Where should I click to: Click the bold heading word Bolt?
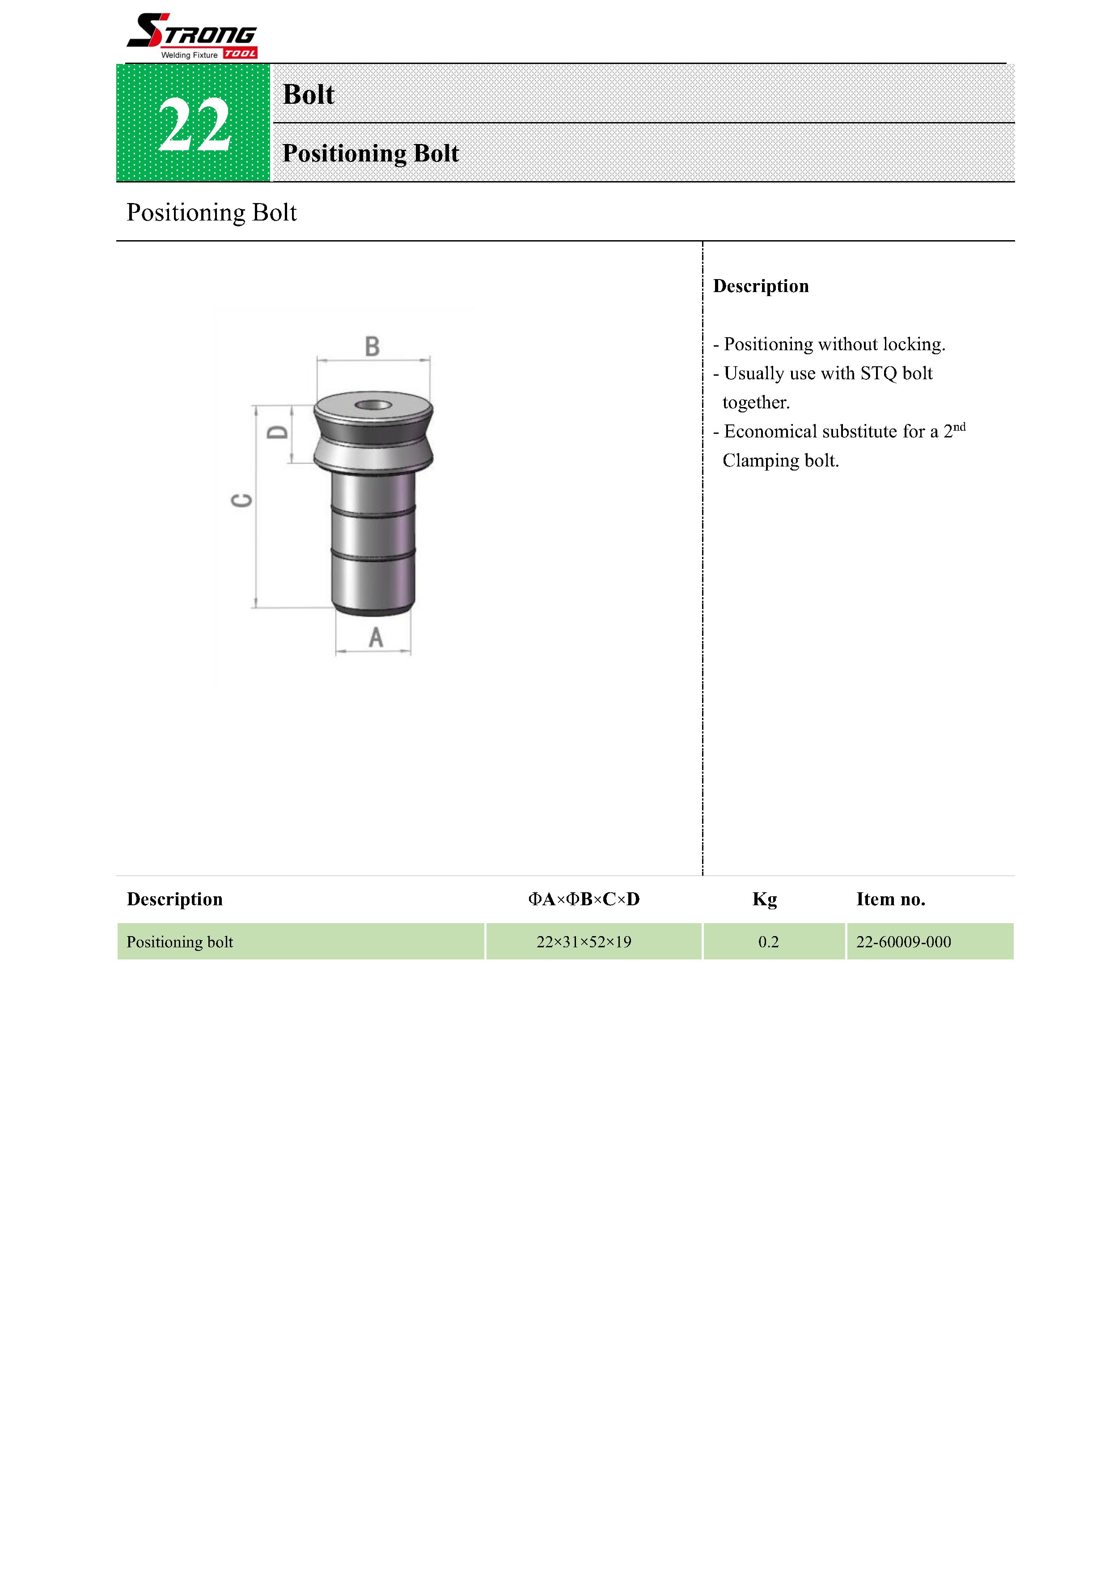[308, 94]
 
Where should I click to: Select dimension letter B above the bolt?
[372, 347]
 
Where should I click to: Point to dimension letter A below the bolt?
[376, 638]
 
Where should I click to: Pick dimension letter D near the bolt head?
[277, 432]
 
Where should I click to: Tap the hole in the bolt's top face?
[373, 405]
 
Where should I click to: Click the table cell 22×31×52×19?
[584, 941]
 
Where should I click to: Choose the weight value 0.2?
[768, 941]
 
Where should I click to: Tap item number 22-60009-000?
[903, 941]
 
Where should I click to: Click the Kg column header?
[765, 899]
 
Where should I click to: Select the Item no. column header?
[890, 899]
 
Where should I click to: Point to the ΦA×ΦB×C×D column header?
[584, 899]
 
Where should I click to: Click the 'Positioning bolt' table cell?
[180, 941]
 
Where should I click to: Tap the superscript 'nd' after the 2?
[959, 427]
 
